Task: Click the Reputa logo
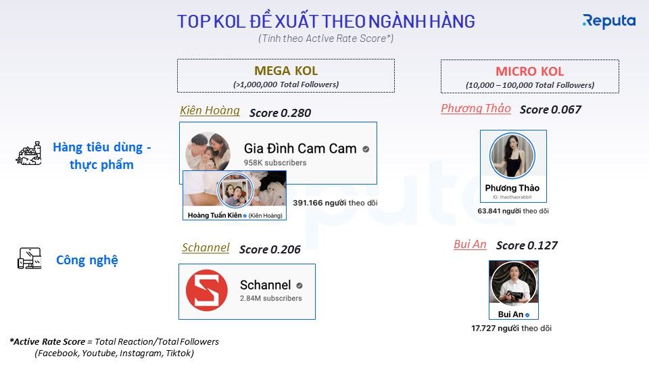tap(609, 21)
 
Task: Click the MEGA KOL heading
tap(286, 71)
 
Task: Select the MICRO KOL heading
tap(530, 72)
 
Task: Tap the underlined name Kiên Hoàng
tap(210, 110)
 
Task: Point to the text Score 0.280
tap(280, 113)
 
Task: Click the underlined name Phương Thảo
tap(475, 108)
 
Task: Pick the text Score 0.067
tap(550, 109)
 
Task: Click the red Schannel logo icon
tap(207, 291)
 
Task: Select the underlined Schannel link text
tap(206, 247)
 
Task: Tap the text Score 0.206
tap(270, 249)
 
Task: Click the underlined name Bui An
tap(470, 244)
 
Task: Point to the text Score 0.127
tap(527, 245)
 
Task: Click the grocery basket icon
tap(28, 153)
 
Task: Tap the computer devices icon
tap(29, 258)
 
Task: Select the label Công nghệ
tap(87, 260)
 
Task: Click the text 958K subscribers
tap(275, 163)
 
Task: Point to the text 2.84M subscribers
tap(270, 298)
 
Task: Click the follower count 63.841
tap(489, 211)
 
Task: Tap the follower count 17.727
tap(483, 328)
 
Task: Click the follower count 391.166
tap(308, 203)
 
